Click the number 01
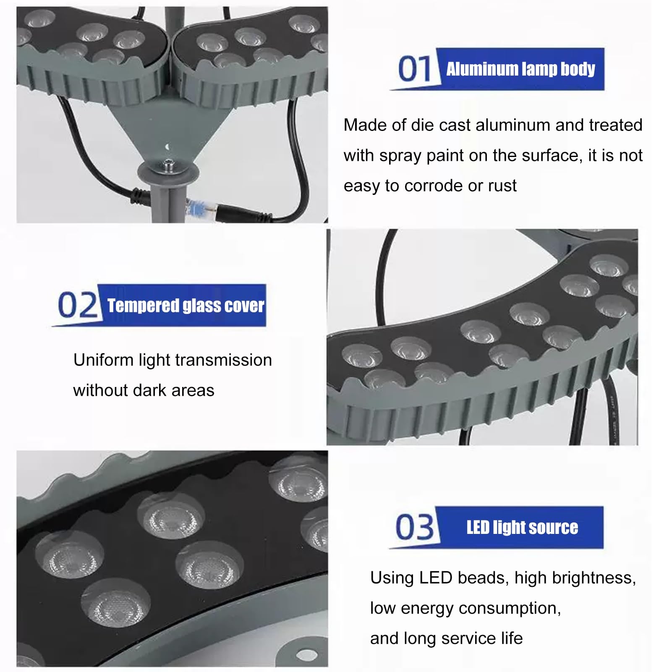(x=414, y=69)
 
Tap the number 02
(x=77, y=305)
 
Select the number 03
(x=415, y=527)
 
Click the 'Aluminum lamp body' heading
(x=520, y=69)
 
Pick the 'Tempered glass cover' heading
(x=186, y=306)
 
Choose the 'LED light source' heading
(x=522, y=528)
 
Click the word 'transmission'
(x=223, y=360)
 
